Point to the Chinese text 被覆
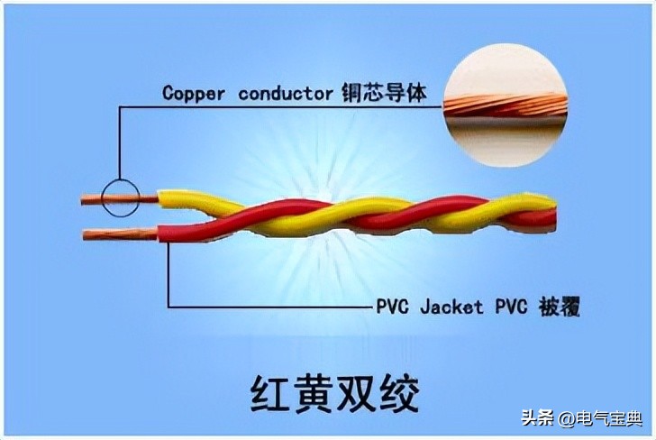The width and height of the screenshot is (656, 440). (x=557, y=307)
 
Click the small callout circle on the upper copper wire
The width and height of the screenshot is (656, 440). (x=119, y=197)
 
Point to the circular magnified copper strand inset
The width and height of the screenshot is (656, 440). (x=506, y=105)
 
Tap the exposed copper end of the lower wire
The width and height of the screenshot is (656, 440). (x=117, y=234)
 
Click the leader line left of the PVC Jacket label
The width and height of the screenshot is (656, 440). (x=270, y=307)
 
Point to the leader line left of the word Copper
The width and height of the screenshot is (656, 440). (x=140, y=106)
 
